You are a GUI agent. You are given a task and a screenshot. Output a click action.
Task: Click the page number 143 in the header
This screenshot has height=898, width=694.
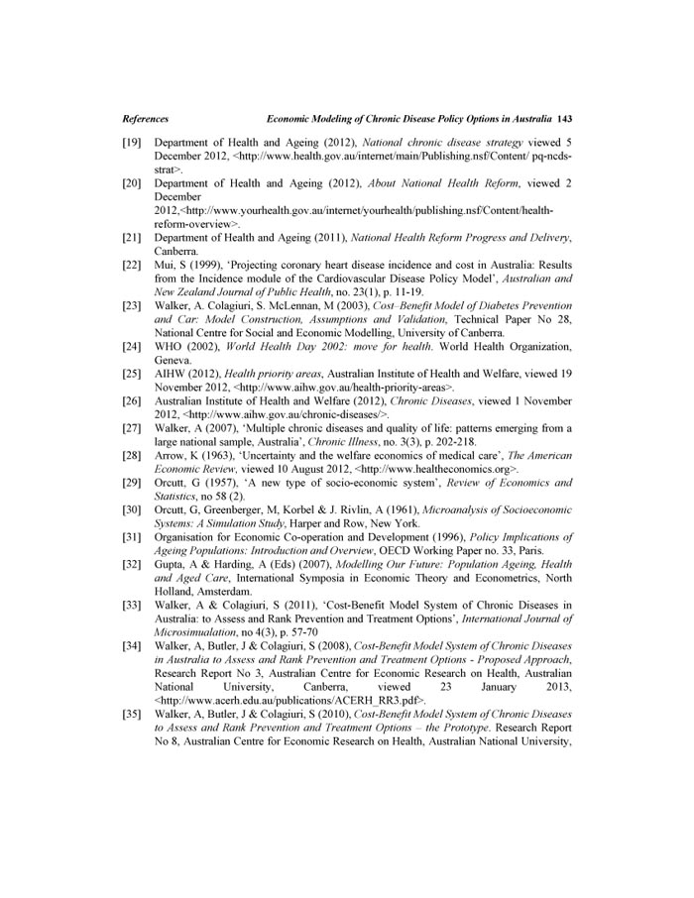(566, 117)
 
